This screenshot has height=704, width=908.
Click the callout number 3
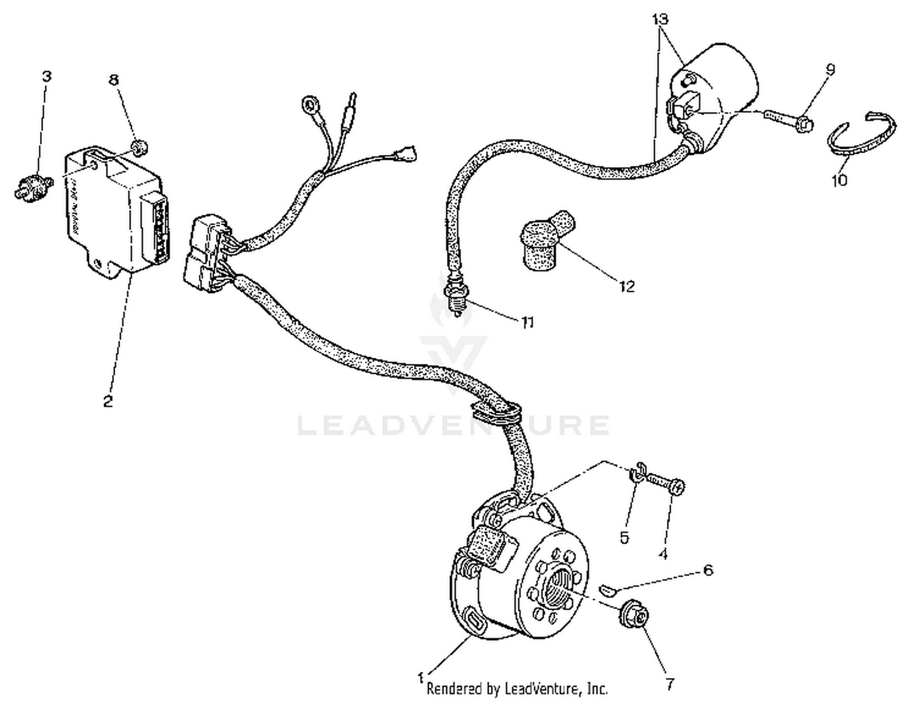click(47, 76)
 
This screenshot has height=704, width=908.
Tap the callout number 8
click(114, 80)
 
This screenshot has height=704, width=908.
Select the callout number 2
click(108, 401)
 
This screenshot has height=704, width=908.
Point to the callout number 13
click(660, 19)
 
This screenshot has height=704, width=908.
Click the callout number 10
click(840, 180)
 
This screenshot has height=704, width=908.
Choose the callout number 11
click(528, 322)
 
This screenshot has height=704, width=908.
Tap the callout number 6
click(707, 570)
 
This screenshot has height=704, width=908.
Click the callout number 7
click(669, 684)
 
